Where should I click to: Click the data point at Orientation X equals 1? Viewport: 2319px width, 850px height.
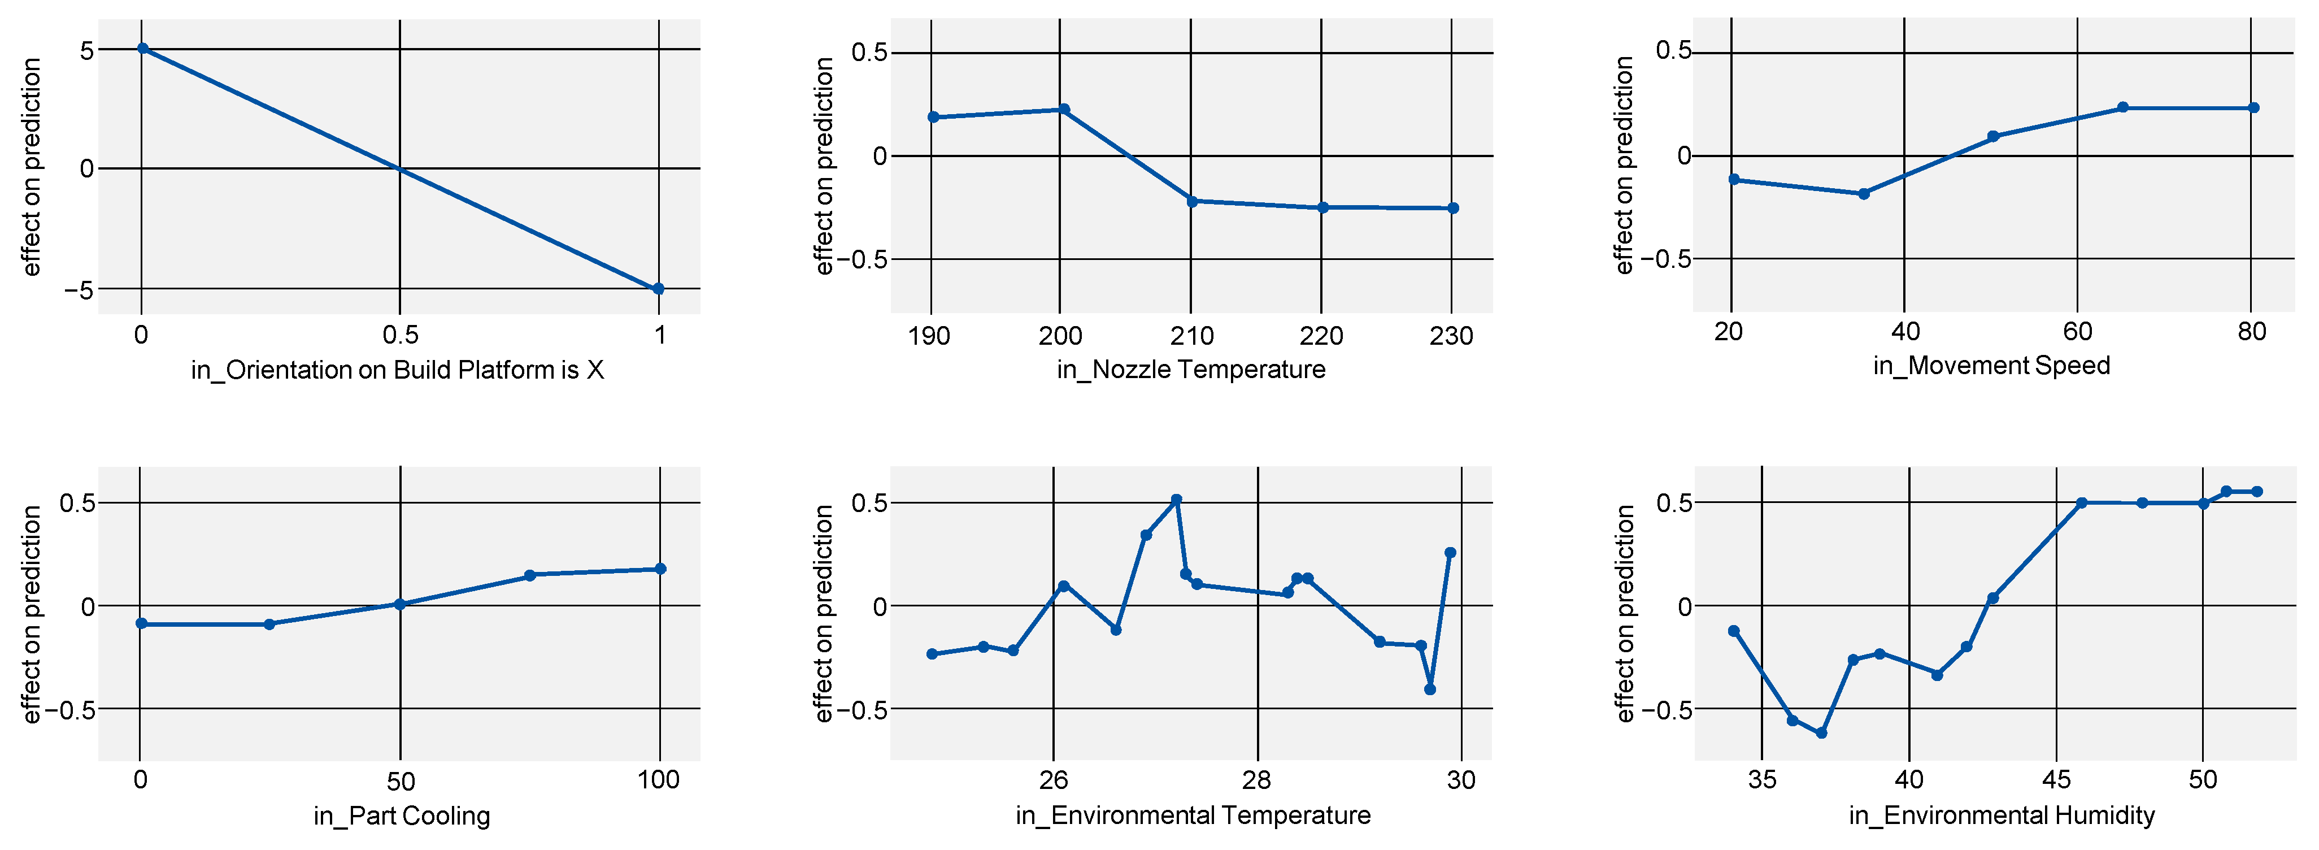658,289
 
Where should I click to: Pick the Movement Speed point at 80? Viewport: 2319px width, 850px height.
2253,108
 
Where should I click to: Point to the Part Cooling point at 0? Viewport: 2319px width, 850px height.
141,623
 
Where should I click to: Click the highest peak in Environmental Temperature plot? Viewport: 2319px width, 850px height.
1176,500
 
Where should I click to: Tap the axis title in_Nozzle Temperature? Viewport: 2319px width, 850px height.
1190,369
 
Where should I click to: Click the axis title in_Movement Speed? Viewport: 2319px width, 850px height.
1991,366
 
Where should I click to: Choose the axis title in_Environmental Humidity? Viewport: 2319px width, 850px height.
2001,815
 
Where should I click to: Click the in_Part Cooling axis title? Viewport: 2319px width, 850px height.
402,816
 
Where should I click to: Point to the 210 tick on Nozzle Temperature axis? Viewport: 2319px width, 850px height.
1191,336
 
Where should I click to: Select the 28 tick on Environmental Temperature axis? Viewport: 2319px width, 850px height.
1257,780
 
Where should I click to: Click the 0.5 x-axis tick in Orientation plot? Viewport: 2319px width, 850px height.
400,336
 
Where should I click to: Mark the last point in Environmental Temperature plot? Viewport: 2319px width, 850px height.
1450,553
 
